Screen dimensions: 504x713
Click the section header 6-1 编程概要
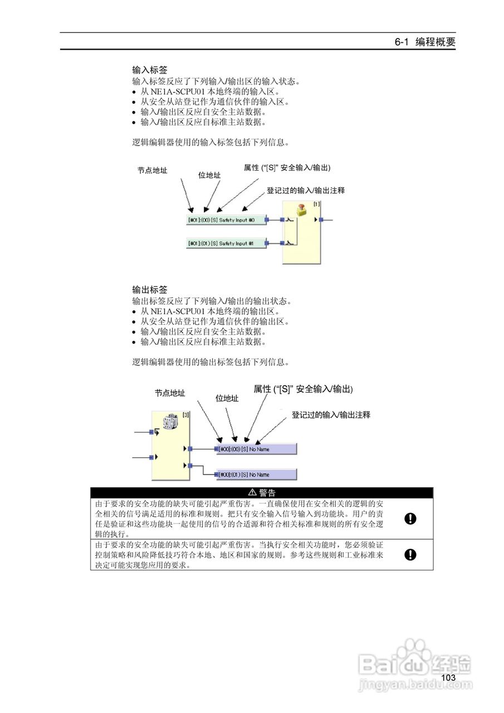424,42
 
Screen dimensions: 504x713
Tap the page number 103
448,678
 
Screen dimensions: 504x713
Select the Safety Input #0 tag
226,220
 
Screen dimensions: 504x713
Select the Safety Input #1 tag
226,243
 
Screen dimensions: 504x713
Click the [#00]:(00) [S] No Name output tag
256,449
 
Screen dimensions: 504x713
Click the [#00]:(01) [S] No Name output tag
256,475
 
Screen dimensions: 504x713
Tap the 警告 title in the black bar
262,492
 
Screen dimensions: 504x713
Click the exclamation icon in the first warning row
410,519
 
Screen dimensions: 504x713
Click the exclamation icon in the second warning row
410,554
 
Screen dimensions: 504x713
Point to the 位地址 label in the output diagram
227,398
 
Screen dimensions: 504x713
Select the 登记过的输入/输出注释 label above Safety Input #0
305,191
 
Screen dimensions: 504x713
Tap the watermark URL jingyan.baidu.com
408,683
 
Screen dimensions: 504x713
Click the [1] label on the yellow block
316,204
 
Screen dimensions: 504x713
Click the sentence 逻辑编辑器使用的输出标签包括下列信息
211,362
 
